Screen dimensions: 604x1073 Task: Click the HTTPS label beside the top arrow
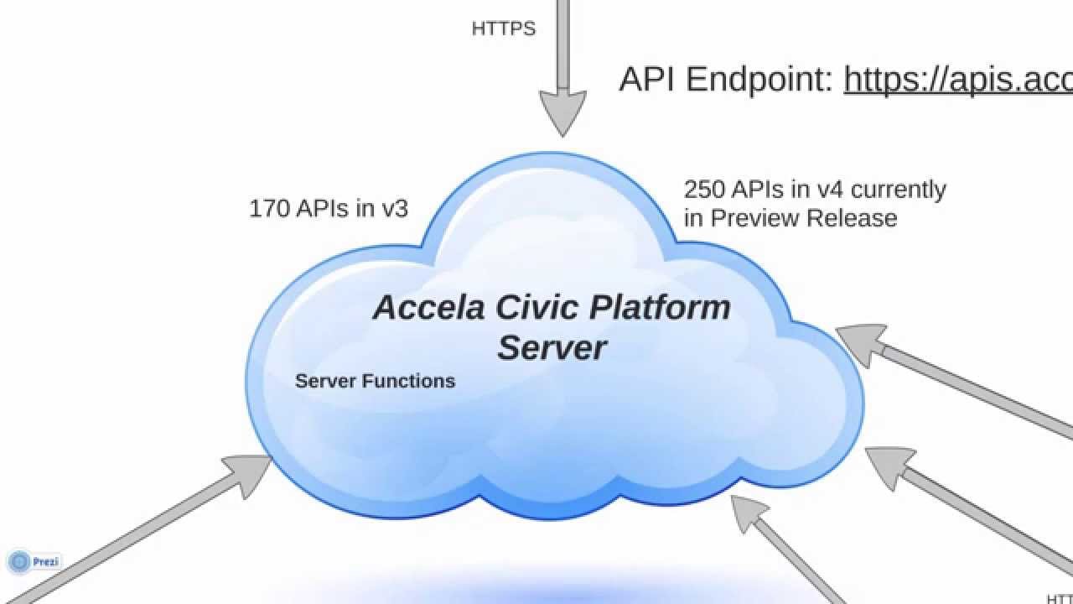click(503, 29)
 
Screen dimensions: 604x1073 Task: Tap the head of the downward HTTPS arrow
click(562, 112)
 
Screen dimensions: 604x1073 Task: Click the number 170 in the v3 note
click(269, 209)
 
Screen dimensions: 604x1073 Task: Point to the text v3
click(395, 209)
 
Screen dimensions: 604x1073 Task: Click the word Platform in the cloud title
click(661, 308)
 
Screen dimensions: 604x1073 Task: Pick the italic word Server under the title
click(552, 347)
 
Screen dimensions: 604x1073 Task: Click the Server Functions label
click(375, 381)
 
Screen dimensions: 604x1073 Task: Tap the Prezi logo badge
click(34, 561)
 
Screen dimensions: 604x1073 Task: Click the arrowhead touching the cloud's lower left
click(251, 472)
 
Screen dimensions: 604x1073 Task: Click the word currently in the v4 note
click(899, 190)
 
